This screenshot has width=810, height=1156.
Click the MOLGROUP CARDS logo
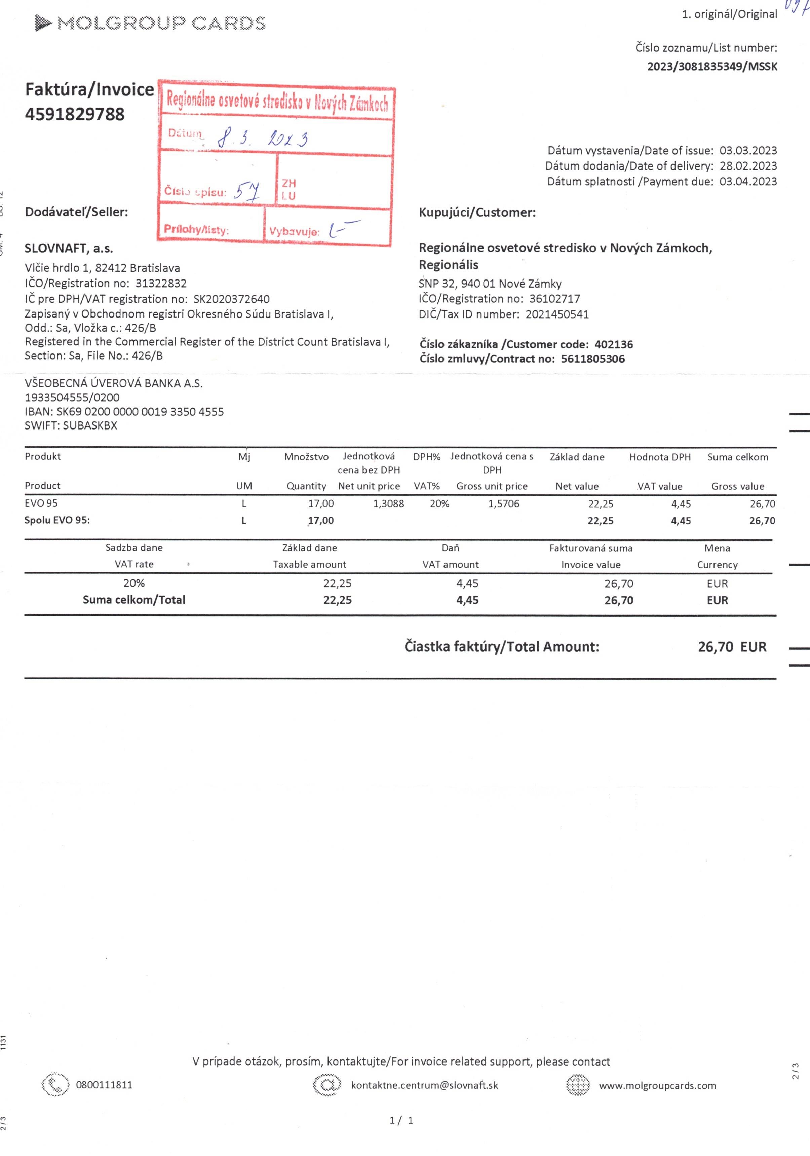tap(150, 23)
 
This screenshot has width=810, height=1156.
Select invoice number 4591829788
tap(75, 114)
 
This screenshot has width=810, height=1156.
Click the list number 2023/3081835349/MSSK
tap(712, 67)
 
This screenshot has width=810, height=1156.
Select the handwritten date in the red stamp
tap(263, 138)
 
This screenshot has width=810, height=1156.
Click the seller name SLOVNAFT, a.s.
tap(69, 248)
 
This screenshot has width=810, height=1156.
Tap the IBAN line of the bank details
tap(124, 412)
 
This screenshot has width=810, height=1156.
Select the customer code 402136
tap(613, 345)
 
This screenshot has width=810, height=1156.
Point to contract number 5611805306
tap(592, 359)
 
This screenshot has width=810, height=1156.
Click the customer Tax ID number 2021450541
tap(557, 315)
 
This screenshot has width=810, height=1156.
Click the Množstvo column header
tap(306, 457)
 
